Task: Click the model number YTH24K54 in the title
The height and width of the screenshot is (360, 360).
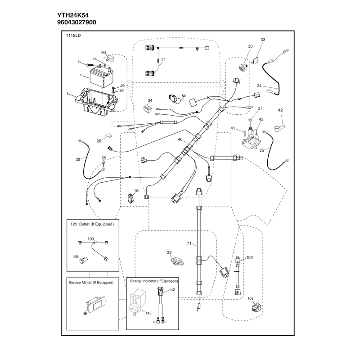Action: click(x=73, y=15)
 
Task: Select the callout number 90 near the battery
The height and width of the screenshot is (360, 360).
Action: click(x=103, y=53)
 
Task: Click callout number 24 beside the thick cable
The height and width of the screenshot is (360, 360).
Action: click(x=259, y=86)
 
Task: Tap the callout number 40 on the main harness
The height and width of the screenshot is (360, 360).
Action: click(x=180, y=139)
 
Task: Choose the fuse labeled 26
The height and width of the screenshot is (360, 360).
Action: click(x=108, y=136)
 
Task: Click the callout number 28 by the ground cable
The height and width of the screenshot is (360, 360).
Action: click(x=78, y=159)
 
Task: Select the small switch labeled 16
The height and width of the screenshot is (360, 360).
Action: click(x=130, y=198)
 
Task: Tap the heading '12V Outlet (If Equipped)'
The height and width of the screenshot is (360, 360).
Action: click(x=92, y=224)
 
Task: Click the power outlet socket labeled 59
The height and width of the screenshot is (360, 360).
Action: click(x=84, y=260)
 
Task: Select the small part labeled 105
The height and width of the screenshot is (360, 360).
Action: click(x=256, y=308)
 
